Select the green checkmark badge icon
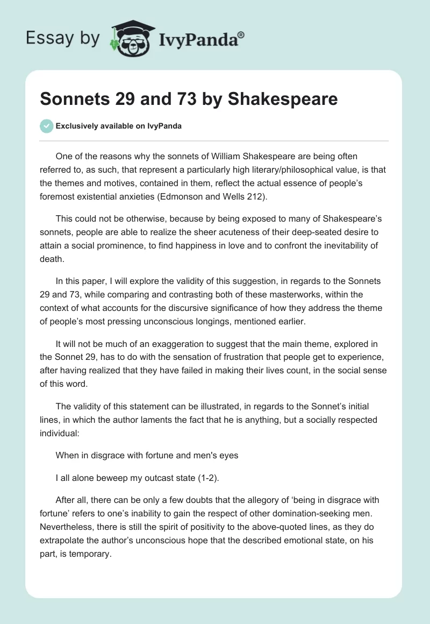point(46,126)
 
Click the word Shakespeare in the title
point(283,100)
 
